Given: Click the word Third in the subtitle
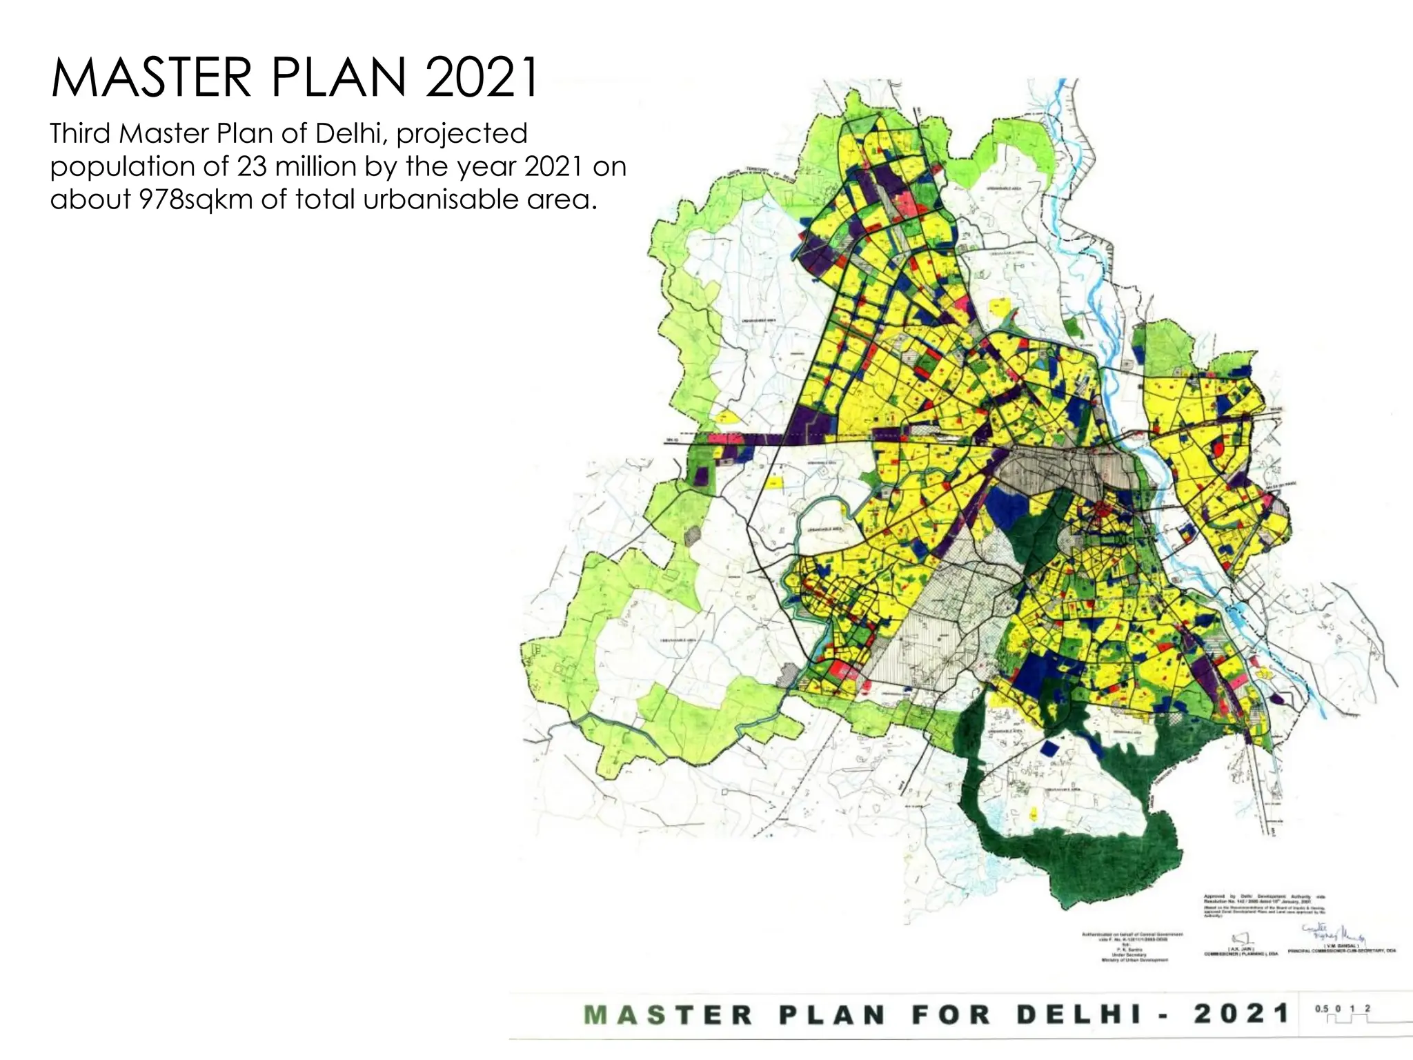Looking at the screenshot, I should coord(81,133).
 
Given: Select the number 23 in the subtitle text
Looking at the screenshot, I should coord(252,166).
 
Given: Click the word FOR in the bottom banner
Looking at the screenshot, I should coord(951,1014).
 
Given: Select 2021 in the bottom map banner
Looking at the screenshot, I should coord(1241,1014).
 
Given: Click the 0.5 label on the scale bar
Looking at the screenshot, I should coord(1321,1008).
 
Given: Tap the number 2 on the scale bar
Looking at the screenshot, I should coord(1367,1008).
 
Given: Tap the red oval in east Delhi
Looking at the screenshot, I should coord(1218,448).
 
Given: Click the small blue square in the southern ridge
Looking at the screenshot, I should coord(1049,748).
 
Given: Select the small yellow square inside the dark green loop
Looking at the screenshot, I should coord(1034,815).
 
